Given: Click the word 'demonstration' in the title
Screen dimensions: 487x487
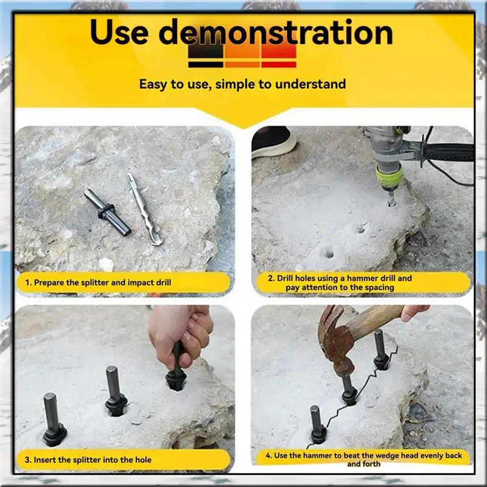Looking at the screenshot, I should [277, 33].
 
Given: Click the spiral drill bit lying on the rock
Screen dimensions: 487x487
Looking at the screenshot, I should [144, 208].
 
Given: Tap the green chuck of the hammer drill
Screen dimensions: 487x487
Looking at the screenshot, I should [389, 177].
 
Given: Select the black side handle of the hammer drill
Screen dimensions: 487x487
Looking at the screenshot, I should [450, 152].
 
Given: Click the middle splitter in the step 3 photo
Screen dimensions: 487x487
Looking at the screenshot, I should [114, 390].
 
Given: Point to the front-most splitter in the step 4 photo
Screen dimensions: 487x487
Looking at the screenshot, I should [317, 424].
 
